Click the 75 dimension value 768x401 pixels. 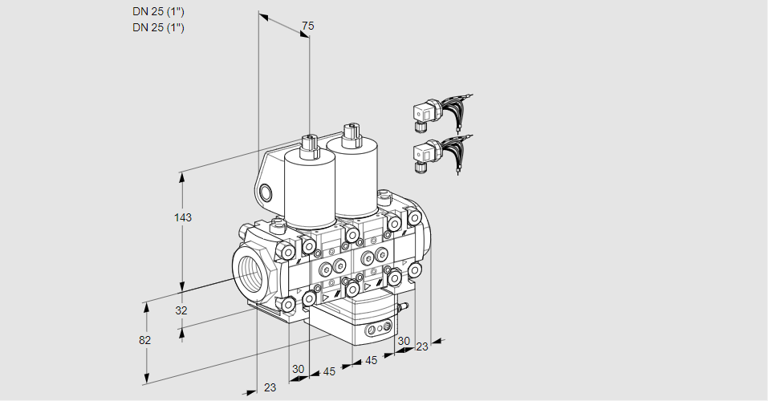(x=307, y=26)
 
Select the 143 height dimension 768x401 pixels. (x=185, y=218)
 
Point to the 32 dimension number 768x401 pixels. (x=181, y=310)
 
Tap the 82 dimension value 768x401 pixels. (x=144, y=340)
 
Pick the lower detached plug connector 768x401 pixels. (x=425, y=152)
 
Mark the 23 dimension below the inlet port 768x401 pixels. (x=270, y=387)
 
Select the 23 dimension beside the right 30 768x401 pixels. (x=421, y=346)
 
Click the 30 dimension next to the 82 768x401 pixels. (x=299, y=369)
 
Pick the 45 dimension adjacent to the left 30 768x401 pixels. (x=329, y=371)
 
